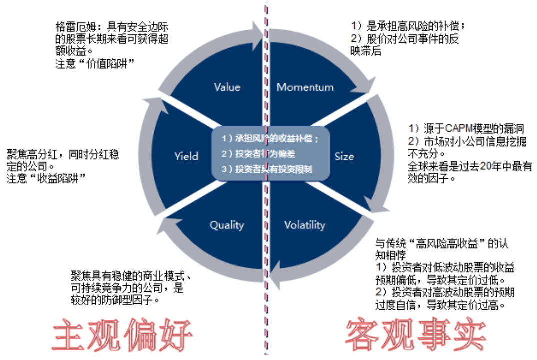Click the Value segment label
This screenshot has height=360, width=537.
click(227, 87)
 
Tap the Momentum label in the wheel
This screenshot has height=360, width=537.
click(305, 87)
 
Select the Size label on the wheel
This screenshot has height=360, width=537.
click(344, 156)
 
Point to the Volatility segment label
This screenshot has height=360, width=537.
click(304, 225)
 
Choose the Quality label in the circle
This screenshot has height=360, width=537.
click(227, 225)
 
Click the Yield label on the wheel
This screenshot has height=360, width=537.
click(186, 156)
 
